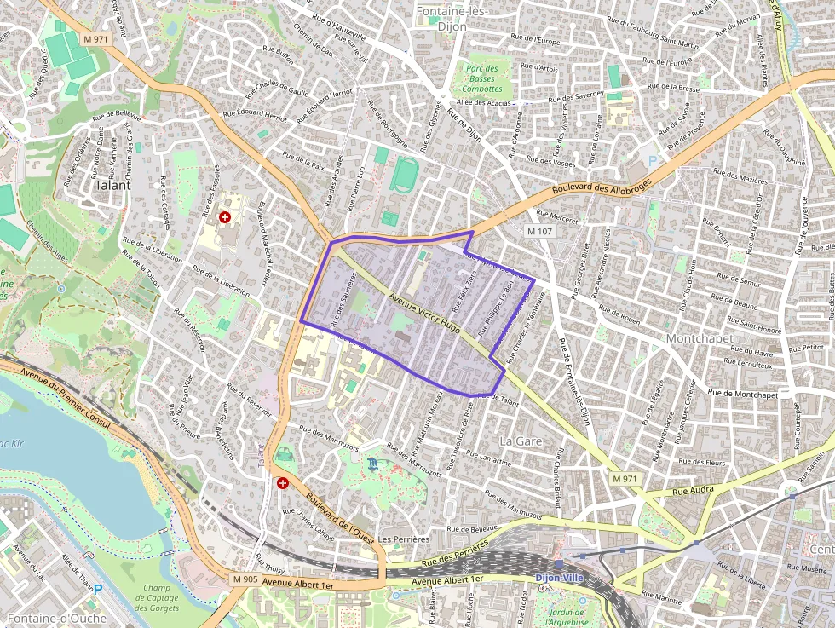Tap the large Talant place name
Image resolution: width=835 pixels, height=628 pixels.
113,184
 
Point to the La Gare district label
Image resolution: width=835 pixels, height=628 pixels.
521,441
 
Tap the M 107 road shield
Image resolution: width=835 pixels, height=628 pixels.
540,231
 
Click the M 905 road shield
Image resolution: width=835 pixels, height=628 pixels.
245,579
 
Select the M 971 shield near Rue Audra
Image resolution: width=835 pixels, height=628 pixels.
625,480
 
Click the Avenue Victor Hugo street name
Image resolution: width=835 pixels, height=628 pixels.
424,312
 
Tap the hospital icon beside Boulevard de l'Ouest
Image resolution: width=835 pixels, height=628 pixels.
283,482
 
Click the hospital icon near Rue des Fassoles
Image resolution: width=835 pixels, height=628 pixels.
225,218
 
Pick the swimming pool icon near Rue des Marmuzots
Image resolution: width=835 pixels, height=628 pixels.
372,464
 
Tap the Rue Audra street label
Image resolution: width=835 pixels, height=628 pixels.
691,491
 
